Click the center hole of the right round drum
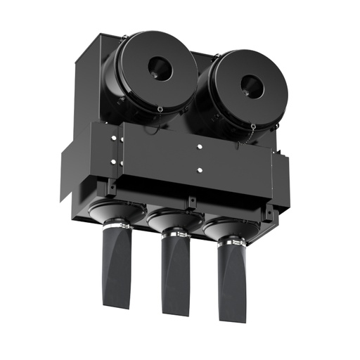[250, 85]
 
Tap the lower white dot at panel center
[200, 169]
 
